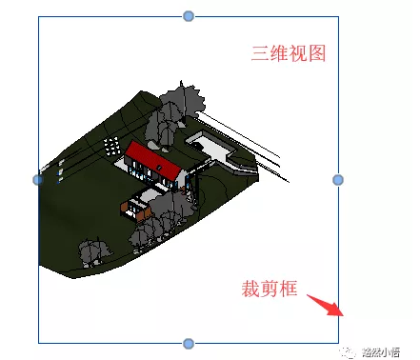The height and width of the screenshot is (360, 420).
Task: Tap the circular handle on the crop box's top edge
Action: tap(189, 16)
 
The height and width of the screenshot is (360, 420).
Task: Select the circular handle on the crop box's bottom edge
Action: tap(189, 343)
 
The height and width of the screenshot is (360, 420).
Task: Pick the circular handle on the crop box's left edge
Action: tap(38, 179)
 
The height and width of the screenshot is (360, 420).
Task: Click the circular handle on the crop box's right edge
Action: tap(338, 179)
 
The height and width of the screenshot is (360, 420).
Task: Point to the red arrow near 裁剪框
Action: tap(329, 308)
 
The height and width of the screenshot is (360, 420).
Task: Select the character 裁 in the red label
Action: tap(250, 289)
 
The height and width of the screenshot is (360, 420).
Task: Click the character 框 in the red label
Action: tap(289, 289)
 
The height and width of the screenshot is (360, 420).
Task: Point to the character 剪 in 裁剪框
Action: tap(270, 289)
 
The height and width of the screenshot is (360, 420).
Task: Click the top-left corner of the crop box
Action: tap(38, 17)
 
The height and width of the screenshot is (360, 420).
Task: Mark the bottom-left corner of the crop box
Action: tap(38, 342)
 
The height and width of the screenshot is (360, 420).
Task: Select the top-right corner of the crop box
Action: tap(338, 17)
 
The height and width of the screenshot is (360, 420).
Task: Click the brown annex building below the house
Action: tap(142, 209)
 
